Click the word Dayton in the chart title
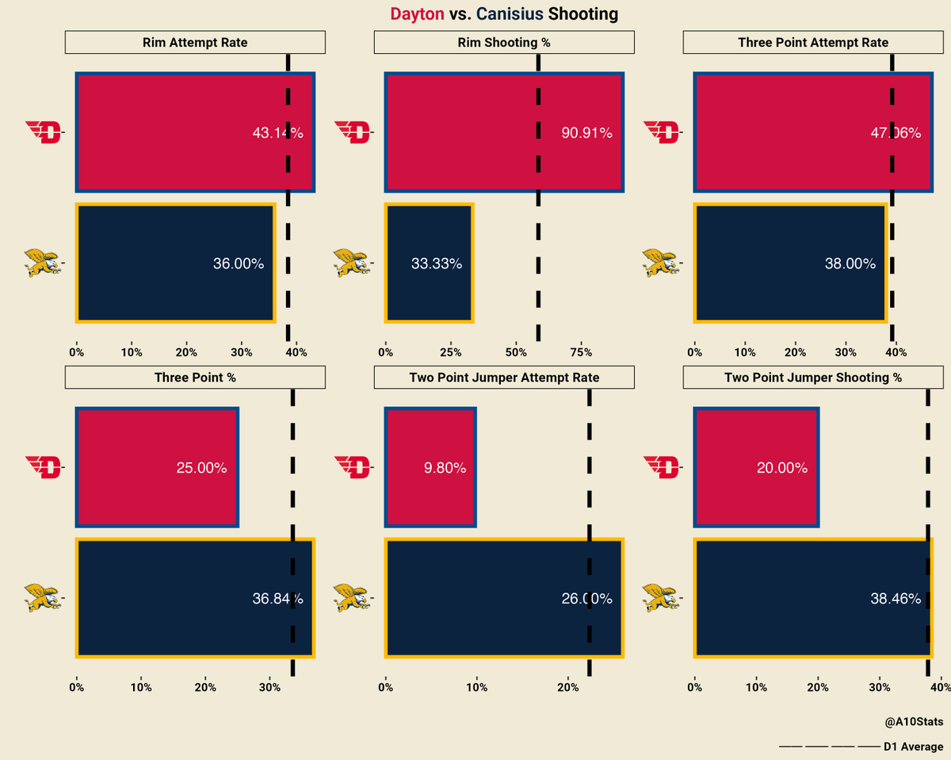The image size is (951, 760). point(417,14)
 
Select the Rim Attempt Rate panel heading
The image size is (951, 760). point(195,42)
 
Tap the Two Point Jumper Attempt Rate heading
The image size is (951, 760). point(504,378)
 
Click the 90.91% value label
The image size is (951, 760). point(586,134)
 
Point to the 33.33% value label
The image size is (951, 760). point(437,264)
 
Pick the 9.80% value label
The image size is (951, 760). point(445,468)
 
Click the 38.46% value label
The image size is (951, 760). point(896,599)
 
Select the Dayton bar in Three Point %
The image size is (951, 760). point(157,467)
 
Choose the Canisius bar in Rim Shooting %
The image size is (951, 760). point(429,264)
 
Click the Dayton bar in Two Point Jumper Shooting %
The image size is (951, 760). point(756,467)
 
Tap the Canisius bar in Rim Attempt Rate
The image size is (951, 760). point(175,264)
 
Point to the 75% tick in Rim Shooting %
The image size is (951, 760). point(581,352)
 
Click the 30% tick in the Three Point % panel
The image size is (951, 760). point(269,687)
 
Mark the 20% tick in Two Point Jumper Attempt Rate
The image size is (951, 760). point(567,687)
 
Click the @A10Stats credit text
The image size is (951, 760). point(915,722)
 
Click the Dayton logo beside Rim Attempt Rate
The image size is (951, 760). point(44,132)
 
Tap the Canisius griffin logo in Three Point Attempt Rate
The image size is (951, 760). point(662,262)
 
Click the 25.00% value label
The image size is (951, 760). point(201,468)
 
